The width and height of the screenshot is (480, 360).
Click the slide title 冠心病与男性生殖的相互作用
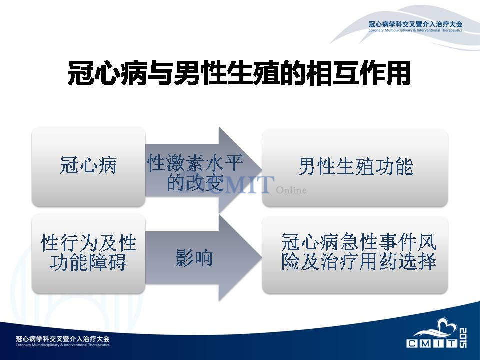point(239,73)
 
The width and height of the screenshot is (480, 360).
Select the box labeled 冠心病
point(88,167)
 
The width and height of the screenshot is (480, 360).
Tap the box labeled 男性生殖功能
point(355,167)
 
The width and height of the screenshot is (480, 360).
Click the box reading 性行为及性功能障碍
point(88,253)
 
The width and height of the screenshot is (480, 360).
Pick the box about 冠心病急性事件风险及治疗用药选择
point(355,254)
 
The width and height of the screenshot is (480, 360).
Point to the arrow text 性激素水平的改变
point(195,172)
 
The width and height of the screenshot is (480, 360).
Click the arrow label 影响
point(194,258)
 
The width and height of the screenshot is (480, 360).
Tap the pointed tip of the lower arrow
point(262,257)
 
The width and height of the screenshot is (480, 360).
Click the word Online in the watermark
point(291,190)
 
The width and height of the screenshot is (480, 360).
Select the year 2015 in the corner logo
point(463,338)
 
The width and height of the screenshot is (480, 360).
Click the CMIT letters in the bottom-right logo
point(432,343)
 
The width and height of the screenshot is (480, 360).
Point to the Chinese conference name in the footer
point(63,339)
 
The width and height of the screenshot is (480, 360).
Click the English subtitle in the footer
point(63,345)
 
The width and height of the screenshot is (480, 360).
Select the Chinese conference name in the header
point(415,24)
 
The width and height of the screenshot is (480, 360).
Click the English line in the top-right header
point(415,30)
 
